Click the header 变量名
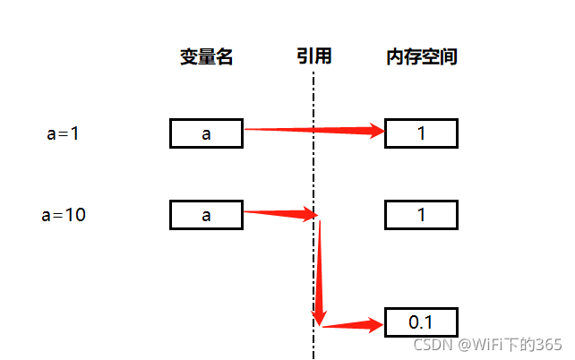click(206, 57)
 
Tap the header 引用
click(314, 56)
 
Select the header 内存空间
click(422, 57)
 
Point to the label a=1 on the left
click(64, 134)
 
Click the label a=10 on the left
click(64, 215)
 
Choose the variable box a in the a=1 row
click(206, 133)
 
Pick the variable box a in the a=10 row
click(206, 215)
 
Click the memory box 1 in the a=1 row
click(422, 133)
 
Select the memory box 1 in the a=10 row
click(422, 215)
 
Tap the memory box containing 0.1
click(422, 321)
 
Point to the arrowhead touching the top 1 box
click(374, 132)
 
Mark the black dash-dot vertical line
click(313, 179)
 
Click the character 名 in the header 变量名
click(224, 57)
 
